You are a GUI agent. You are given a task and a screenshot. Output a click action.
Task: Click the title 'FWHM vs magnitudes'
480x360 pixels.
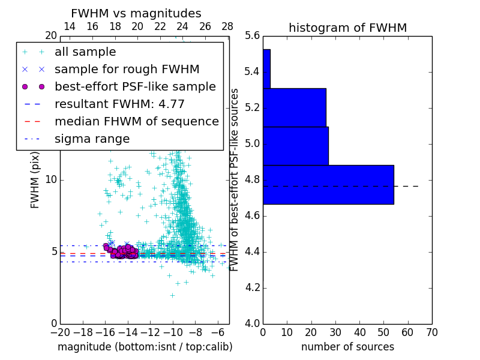(136, 14)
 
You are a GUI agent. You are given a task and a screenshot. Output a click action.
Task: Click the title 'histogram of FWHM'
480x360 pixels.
(347, 28)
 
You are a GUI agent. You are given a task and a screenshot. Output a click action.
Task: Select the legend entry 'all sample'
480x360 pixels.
(85, 52)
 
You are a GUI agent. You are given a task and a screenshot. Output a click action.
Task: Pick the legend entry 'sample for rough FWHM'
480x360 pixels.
(127, 69)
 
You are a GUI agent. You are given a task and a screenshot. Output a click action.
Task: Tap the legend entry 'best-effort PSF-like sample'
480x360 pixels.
(135, 86)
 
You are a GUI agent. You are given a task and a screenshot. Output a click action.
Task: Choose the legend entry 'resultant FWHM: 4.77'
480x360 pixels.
(119, 104)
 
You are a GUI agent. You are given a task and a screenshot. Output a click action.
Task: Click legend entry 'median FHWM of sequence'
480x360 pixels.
(136, 121)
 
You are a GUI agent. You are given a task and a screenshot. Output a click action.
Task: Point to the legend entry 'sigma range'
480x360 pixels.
(92, 139)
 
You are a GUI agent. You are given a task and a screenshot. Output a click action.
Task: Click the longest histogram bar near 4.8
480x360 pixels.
(328, 184)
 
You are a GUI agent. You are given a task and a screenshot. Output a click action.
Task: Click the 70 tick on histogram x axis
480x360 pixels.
(431, 332)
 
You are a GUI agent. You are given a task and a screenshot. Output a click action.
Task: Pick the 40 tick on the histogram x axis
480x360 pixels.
(359, 332)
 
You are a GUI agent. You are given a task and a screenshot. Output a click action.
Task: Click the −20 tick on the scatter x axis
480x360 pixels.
(60, 332)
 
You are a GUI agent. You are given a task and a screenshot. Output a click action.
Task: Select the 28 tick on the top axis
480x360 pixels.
(227, 26)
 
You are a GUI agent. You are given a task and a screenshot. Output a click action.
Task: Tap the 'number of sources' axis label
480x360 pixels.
(347, 347)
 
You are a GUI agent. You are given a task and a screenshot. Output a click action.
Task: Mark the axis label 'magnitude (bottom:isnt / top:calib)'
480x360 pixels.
(145, 347)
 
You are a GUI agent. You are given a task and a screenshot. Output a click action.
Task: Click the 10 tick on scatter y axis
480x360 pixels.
(50, 180)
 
